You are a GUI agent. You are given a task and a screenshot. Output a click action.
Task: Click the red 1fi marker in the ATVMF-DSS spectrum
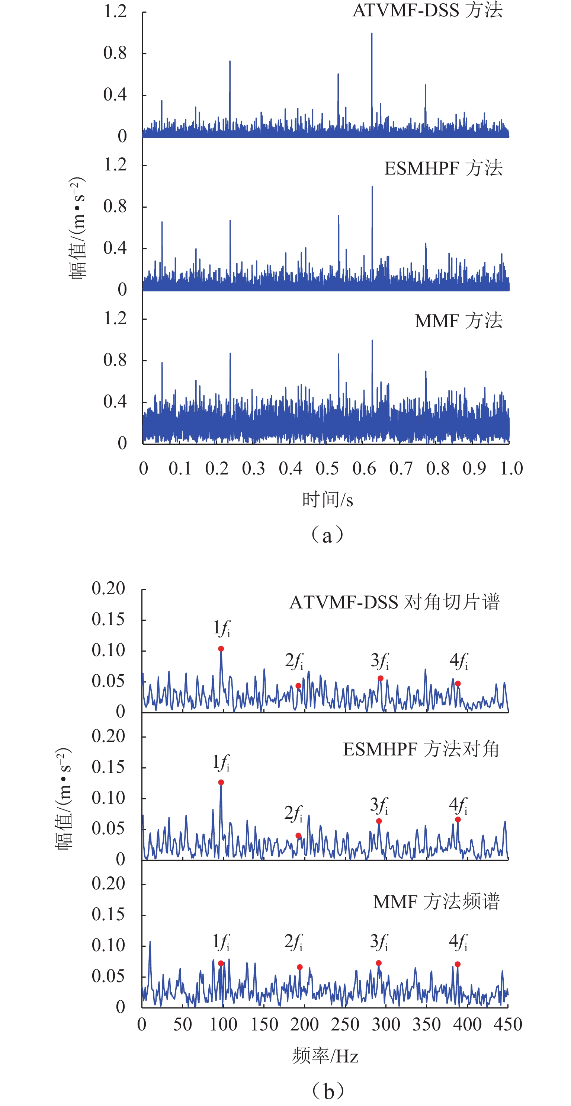pos(221,649)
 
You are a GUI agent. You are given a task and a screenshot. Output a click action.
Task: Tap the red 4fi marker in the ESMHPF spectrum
pos(458,819)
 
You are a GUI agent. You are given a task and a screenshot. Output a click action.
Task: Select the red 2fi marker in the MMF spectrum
pos(300,967)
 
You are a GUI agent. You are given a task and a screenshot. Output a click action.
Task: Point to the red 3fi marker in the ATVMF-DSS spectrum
pos(381,678)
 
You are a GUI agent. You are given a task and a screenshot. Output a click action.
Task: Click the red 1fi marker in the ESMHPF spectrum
pos(221,782)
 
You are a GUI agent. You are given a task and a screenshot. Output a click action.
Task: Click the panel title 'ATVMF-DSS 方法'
pos(427,10)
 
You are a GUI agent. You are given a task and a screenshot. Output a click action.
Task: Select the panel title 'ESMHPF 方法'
pos(443,168)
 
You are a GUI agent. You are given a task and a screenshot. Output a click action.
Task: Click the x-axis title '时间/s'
pos(328,499)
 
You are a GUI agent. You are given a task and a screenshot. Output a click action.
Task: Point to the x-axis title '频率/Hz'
pos(325,1056)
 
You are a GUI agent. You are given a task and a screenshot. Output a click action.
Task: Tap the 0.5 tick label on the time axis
pos(327,469)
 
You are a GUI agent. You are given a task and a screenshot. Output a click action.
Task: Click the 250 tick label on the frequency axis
pos(345,1025)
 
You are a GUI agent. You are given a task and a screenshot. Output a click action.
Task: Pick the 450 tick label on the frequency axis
pos(508,1025)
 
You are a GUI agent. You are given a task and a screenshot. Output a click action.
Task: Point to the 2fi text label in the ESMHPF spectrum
pos(293,812)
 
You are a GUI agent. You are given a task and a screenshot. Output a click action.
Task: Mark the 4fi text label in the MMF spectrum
pos(458,942)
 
